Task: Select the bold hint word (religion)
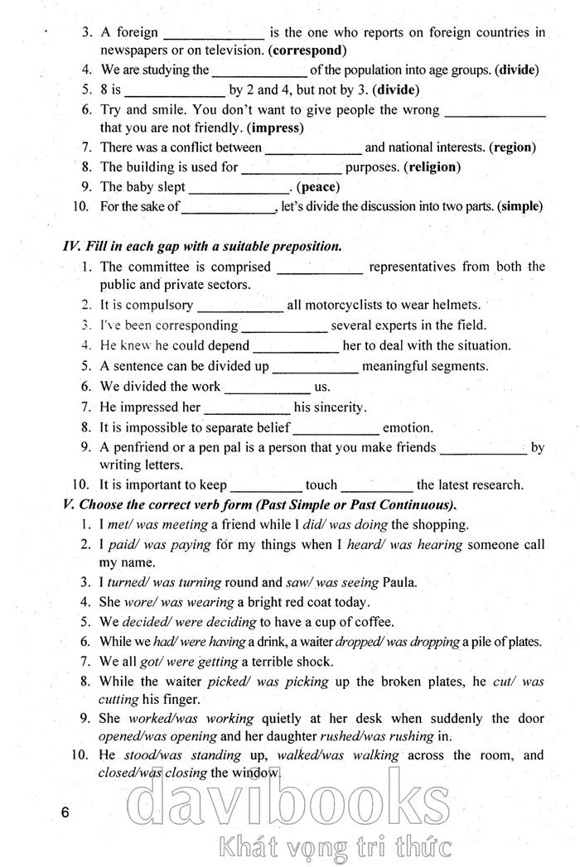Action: [432, 167]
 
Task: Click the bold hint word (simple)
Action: [520, 207]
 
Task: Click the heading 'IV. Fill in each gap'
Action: [202, 247]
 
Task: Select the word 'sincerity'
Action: [338, 407]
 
